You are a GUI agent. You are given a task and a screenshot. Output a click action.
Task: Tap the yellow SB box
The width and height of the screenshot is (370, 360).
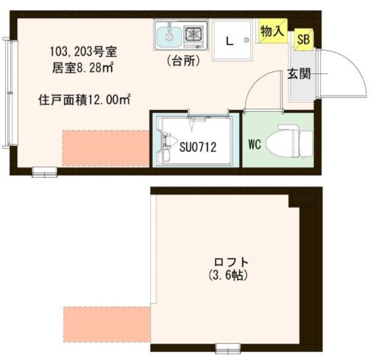pyautogui.click(x=303, y=40)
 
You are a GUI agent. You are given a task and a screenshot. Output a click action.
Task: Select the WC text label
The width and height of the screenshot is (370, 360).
pyautogui.click(x=255, y=145)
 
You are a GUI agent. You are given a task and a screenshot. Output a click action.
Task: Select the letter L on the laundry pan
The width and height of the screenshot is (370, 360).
pyautogui.click(x=229, y=42)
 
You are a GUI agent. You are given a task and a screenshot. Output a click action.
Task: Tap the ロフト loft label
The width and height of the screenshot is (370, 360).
pyautogui.click(x=225, y=261)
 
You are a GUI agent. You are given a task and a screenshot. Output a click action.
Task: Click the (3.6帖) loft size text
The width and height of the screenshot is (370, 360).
pyautogui.click(x=225, y=275)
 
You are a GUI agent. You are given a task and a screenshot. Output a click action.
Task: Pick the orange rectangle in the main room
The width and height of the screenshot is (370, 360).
pyautogui.click(x=105, y=148)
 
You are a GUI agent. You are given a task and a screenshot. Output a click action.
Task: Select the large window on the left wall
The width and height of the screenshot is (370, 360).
pyautogui.click(x=7, y=93)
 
